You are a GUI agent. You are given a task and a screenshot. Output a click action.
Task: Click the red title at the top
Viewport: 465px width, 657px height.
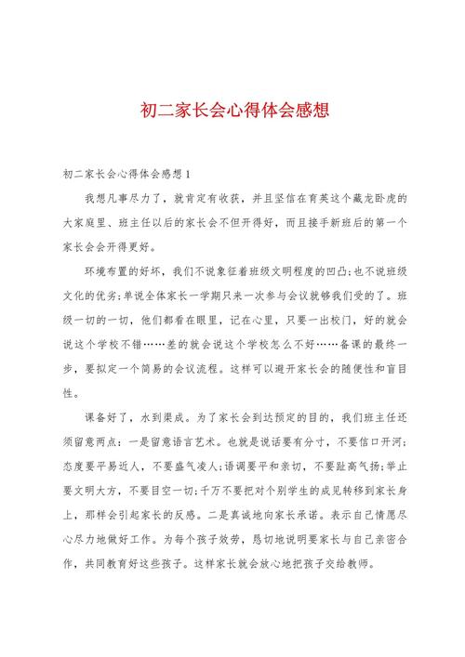pyautogui.click(x=232, y=110)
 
